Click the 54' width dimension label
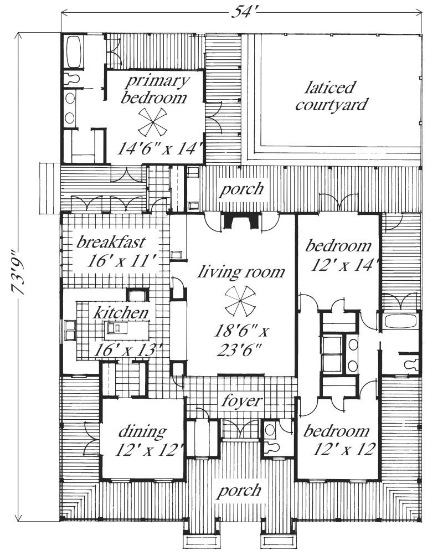(x=240, y=9)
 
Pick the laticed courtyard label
(x=331, y=96)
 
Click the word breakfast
(x=111, y=242)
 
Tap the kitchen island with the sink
(x=117, y=328)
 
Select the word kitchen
(x=121, y=312)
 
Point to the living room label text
(x=241, y=271)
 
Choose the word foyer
(x=239, y=400)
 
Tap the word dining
(x=142, y=431)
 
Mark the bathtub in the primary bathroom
(x=74, y=52)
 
